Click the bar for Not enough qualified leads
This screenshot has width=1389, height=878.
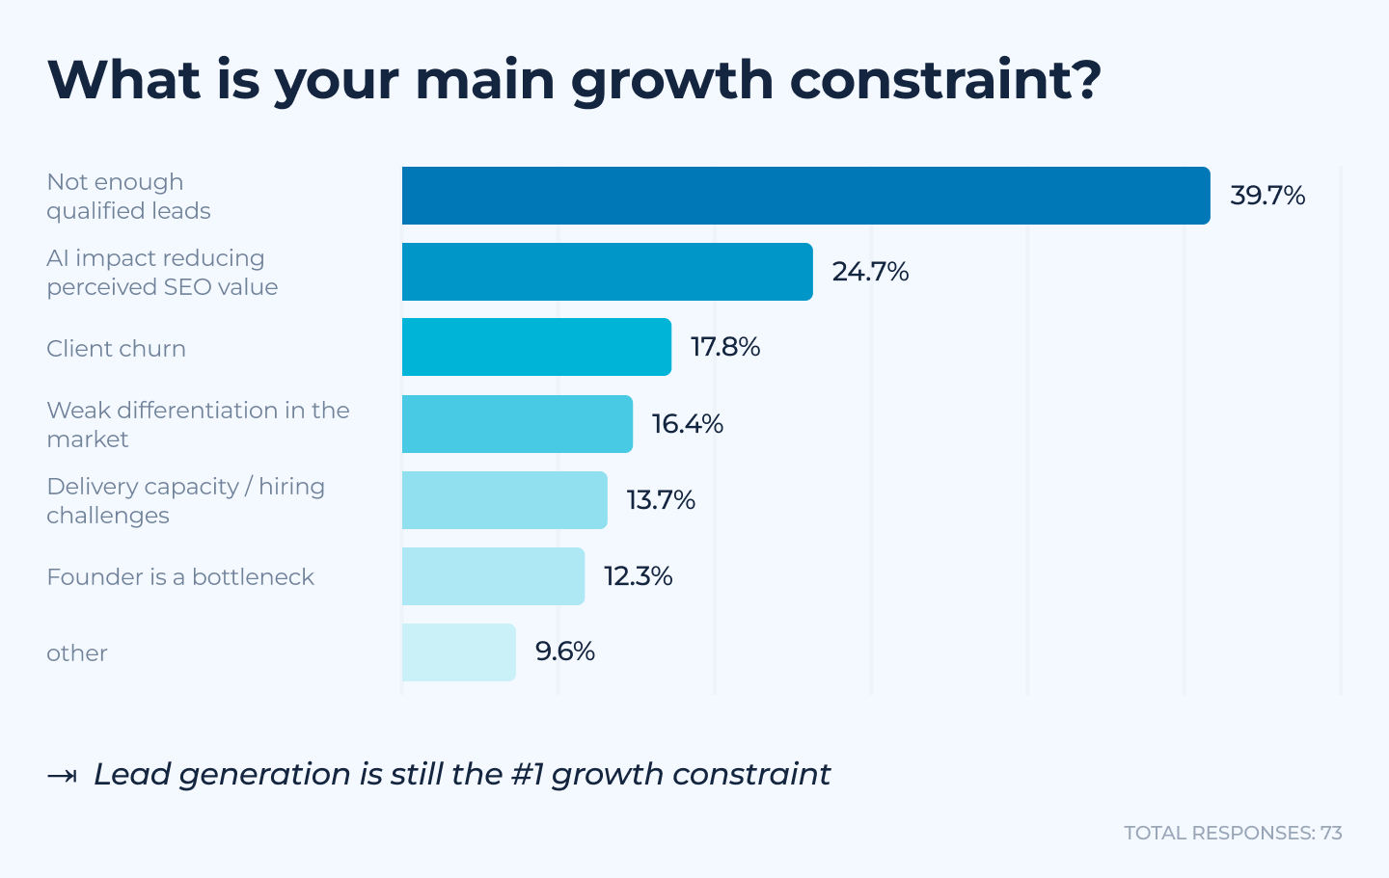(x=805, y=196)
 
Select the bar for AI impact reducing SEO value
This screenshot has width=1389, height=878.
(x=607, y=272)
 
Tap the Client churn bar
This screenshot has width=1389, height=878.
(x=536, y=347)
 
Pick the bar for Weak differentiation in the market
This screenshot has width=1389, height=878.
(x=517, y=424)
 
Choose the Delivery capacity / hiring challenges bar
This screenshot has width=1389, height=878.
(x=504, y=500)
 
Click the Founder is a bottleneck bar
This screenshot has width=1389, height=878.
(x=493, y=576)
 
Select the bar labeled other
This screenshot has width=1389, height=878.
(x=458, y=652)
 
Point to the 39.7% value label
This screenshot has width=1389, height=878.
(x=1267, y=196)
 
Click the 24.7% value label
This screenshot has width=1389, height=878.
(x=870, y=272)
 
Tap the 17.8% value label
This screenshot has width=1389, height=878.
(x=725, y=347)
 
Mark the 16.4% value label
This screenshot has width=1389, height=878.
(x=687, y=424)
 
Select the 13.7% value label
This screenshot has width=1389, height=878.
(x=661, y=500)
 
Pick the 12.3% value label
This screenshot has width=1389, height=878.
(x=638, y=576)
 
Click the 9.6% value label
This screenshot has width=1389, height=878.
(x=565, y=652)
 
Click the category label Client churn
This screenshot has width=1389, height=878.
(x=116, y=349)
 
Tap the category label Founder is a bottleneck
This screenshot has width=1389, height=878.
(x=180, y=577)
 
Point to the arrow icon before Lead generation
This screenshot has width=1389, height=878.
(x=62, y=776)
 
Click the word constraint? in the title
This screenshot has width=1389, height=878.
(x=945, y=80)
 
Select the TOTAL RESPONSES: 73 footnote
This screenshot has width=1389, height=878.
(x=1233, y=833)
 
